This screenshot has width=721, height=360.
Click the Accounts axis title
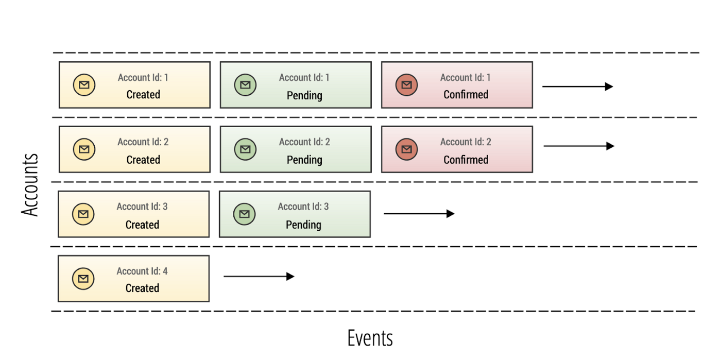(30, 185)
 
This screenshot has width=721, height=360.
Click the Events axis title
(370, 338)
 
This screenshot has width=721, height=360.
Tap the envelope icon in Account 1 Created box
(84, 85)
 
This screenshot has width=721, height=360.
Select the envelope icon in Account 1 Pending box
(245, 85)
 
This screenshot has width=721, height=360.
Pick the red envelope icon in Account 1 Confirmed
(406, 85)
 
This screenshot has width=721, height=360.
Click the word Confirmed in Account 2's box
(466, 160)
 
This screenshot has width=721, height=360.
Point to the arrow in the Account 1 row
(577, 87)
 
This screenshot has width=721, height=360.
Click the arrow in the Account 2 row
(578, 146)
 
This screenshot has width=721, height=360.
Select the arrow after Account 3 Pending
(419, 214)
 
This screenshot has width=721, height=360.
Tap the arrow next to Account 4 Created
(259, 277)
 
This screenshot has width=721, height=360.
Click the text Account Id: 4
(142, 271)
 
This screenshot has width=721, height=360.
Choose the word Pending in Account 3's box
(303, 225)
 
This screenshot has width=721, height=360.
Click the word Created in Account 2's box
(143, 160)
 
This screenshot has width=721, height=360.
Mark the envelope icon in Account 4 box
(83, 279)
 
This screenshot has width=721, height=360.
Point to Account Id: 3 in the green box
(303, 207)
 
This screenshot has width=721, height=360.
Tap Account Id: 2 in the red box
(466, 142)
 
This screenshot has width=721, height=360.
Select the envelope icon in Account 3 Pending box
(244, 214)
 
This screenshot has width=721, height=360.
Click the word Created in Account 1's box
(143, 95)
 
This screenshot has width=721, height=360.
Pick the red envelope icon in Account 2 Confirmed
(406, 149)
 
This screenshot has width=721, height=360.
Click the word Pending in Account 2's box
(304, 160)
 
